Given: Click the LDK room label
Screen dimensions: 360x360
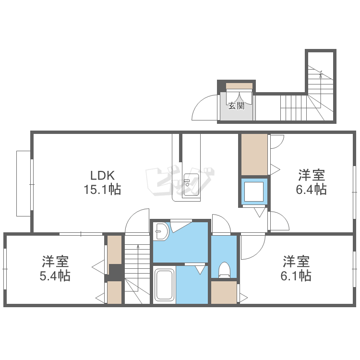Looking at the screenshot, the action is click(102, 176).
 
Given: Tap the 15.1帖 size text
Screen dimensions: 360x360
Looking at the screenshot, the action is click(102, 190).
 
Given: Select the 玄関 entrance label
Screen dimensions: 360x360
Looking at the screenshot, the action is click(236, 106).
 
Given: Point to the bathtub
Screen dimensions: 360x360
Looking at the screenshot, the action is click(164, 285).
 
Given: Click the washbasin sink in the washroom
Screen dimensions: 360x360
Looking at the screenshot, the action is click(161, 231).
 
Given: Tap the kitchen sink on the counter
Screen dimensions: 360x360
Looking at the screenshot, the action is click(191, 185).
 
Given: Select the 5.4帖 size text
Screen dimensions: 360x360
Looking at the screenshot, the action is click(55, 276).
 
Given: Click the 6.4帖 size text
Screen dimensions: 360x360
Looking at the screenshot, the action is click(312, 190).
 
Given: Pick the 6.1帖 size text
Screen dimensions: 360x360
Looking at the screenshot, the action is click(296, 276).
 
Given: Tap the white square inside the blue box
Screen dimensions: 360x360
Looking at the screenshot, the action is click(254, 192).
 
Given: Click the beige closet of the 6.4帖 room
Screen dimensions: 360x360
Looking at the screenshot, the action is click(254, 155).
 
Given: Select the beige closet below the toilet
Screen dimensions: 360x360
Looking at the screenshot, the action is click(224, 292).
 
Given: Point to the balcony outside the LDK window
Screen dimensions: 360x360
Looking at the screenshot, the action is click(24, 183).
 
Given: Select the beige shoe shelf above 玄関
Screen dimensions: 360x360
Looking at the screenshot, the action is click(239, 85).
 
